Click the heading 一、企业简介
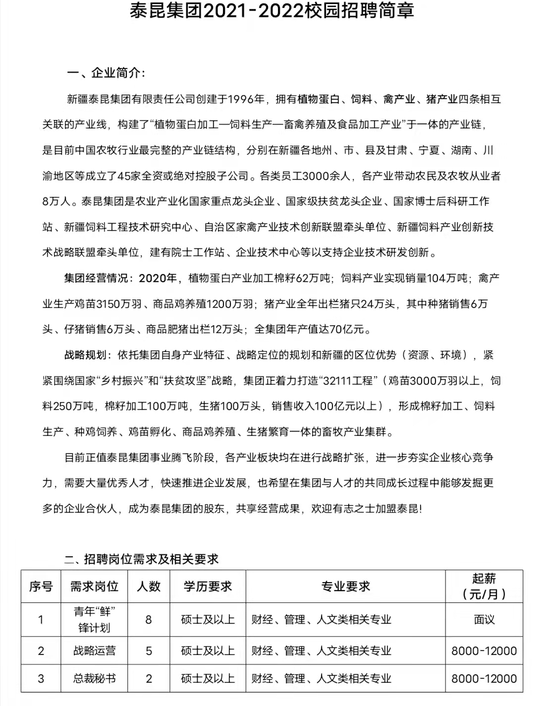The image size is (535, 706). (x=106, y=73)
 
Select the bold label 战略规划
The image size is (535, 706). (x=85, y=355)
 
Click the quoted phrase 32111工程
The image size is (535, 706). (x=347, y=381)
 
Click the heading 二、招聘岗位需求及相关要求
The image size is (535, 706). (x=142, y=559)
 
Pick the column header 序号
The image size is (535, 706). (x=41, y=587)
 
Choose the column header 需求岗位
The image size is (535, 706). (x=94, y=587)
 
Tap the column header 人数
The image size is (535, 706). (x=149, y=587)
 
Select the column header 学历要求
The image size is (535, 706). (x=208, y=587)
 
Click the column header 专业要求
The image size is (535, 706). (x=346, y=587)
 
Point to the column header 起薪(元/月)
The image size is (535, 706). (x=484, y=586)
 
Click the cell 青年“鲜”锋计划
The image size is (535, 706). (x=94, y=619)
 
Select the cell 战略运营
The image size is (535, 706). (x=94, y=651)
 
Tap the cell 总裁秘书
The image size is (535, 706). (x=94, y=678)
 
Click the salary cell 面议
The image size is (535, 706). (x=484, y=619)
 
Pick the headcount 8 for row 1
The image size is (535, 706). (x=149, y=619)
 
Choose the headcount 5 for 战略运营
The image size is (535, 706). (x=149, y=651)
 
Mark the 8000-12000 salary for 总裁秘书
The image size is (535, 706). (x=484, y=678)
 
